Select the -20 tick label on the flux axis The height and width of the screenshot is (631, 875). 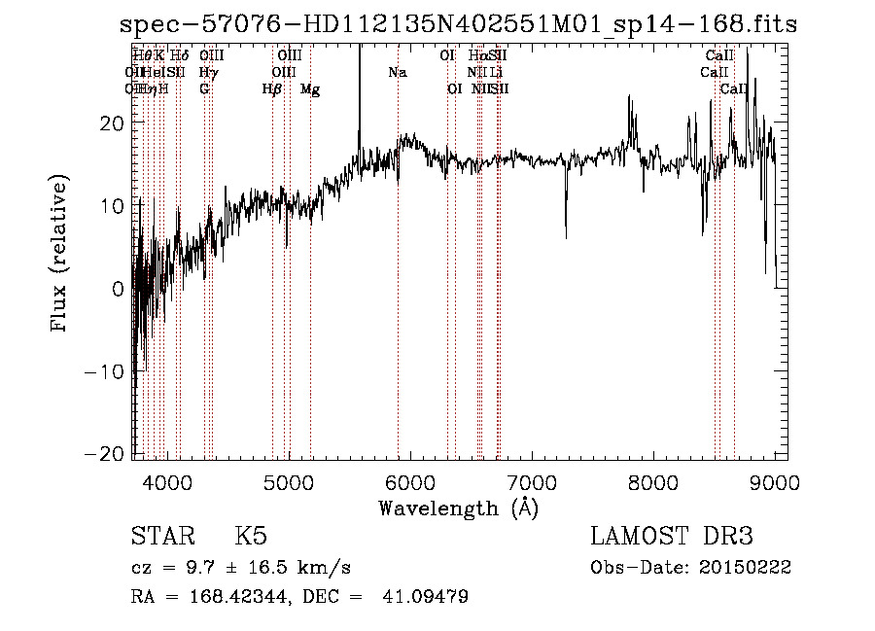point(110,455)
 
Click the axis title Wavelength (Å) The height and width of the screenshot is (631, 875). point(458,508)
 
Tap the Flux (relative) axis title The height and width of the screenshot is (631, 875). point(61,255)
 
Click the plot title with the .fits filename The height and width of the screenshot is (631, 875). point(458,24)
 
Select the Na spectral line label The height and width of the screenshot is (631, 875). point(397,73)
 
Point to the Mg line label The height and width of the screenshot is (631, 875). point(310,89)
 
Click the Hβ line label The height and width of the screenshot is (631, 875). point(272,89)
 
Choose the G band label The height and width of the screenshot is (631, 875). point(204,89)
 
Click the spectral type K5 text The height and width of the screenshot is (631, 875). point(251,537)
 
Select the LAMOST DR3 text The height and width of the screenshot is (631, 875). point(672,537)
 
